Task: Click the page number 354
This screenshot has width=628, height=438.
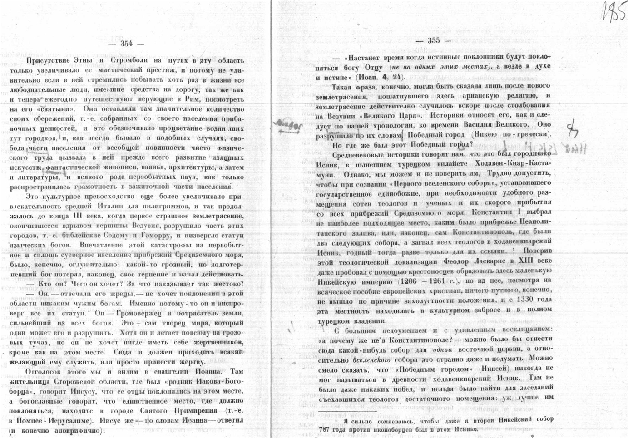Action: point(126,44)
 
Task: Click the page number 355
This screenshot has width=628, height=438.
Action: point(434,40)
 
